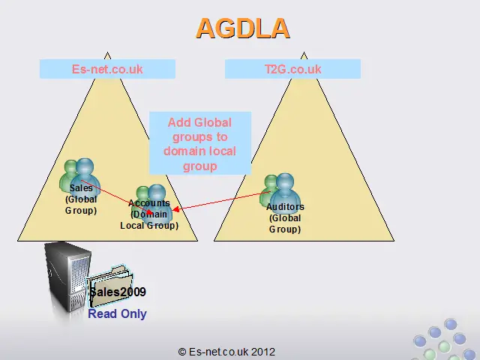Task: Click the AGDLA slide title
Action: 243,28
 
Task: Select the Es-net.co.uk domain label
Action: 107,69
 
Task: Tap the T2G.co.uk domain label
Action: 293,69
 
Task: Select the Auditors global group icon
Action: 279,190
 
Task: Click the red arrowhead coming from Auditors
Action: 175,210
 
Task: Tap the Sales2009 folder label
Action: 118,292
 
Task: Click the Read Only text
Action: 117,313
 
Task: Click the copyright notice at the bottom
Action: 226,352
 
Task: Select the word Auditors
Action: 285,207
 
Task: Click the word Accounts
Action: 149,203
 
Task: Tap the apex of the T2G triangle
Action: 304,52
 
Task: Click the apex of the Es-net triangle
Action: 107,52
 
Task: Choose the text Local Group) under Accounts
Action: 149,226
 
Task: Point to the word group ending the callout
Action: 200,166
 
